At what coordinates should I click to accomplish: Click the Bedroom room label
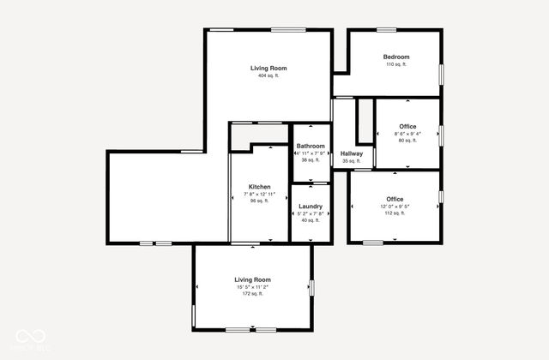click(395, 57)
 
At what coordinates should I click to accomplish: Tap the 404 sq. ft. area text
click(268, 75)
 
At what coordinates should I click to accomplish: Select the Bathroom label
click(311, 146)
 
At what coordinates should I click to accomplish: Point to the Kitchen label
click(260, 187)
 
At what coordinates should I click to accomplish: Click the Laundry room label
click(310, 207)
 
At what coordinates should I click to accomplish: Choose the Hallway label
click(352, 153)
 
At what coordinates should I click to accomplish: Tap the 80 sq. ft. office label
click(407, 141)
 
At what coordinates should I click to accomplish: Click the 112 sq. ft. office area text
click(395, 213)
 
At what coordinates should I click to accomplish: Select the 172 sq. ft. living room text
click(252, 294)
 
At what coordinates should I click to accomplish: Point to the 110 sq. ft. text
click(395, 64)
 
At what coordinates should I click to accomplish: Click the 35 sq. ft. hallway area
click(352, 161)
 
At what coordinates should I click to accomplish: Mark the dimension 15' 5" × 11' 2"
click(252, 287)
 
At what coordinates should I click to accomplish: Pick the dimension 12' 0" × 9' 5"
click(395, 207)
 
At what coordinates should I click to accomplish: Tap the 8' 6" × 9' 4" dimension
click(407, 134)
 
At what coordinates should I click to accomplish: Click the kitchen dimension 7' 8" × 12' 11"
click(260, 194)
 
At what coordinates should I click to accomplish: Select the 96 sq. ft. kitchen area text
click(260, 201)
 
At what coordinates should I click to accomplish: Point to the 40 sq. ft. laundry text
click(310, 220)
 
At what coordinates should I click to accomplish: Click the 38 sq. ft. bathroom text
click(311, 159)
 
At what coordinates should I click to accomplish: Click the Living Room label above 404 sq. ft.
click(268, 68)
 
